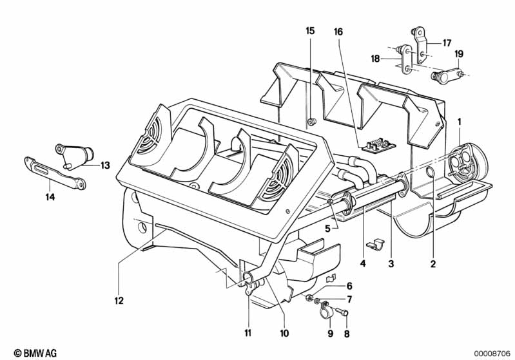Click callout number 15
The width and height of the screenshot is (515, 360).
point(310,31)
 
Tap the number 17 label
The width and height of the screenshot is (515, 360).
point(447,43)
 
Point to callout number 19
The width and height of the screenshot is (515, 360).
point(459,54)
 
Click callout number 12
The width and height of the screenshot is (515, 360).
point(119,300)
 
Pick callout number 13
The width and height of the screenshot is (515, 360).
point(105,165)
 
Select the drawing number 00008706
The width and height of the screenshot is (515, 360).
point(492,352)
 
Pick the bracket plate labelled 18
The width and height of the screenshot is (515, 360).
point(405,60)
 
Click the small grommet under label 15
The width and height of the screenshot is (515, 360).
point(310,121)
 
